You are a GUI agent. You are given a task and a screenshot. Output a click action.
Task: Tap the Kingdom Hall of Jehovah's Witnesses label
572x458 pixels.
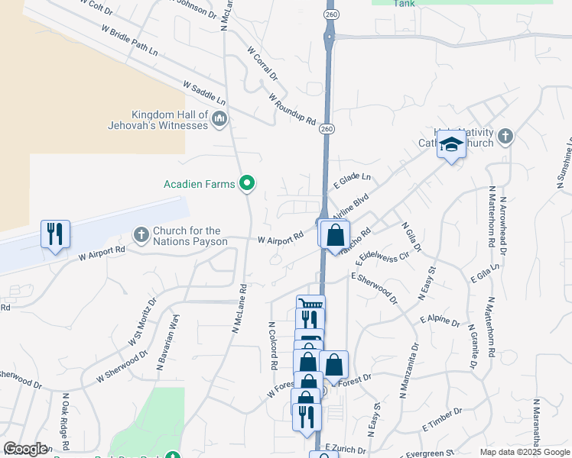[x=170, y=119]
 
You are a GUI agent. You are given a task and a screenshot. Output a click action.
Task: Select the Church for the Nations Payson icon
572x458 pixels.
[x=141, y=234]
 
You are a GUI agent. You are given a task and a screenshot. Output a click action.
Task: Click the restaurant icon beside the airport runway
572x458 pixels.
[x=55, y=234]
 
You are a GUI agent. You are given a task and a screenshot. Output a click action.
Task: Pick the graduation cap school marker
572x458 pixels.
[x=452, y=144]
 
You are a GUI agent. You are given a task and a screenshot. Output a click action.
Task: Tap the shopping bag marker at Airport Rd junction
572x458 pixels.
[x=335, y=234]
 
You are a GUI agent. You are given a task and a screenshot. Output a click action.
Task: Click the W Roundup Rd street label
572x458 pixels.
[x=292, y=109]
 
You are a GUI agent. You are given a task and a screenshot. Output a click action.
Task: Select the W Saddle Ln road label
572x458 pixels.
[x=204, y=92]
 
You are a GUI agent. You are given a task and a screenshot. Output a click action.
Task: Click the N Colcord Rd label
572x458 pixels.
[x=272, y=346]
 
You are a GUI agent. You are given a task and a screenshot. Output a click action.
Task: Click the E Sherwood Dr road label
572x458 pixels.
[x=375, y=286]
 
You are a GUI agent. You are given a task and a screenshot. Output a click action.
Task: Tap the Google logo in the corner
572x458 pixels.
[x=25, y=449]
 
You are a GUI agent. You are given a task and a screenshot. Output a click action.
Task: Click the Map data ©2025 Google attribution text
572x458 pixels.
[x=525, y=452]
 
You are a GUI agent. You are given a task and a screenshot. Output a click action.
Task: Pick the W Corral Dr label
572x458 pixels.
[x=262, y=63]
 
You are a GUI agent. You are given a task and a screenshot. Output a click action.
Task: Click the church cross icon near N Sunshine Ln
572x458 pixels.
[x=504, y=137]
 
